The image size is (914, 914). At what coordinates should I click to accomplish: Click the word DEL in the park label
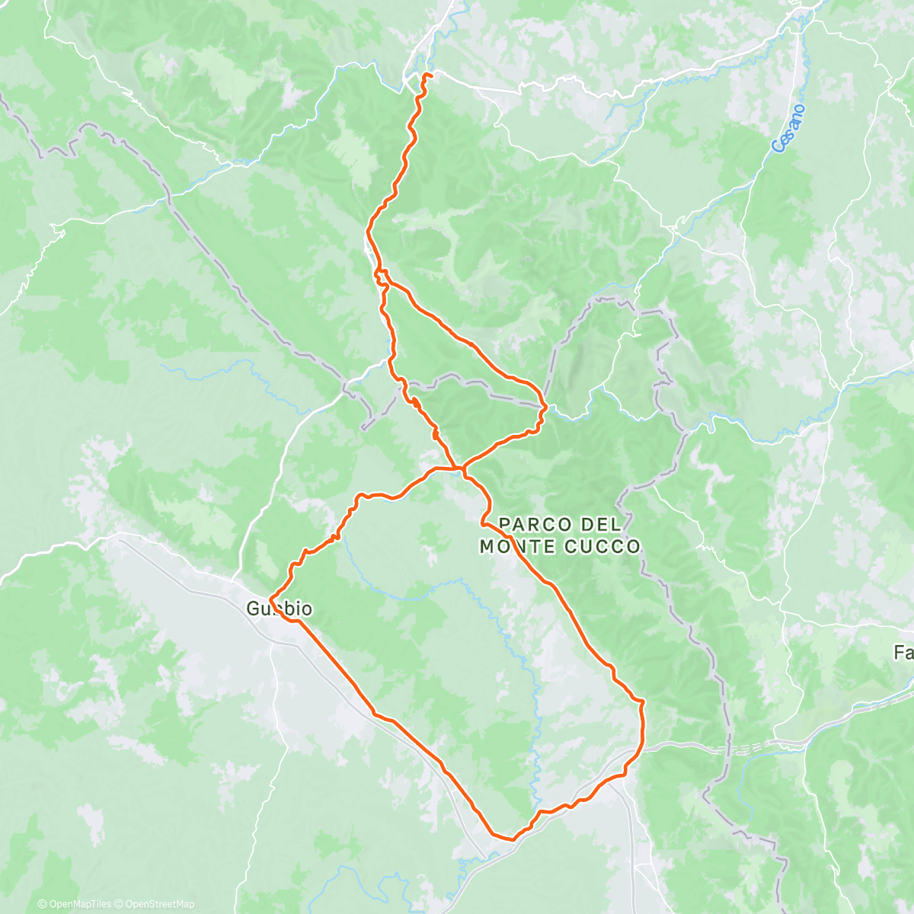[601, 524]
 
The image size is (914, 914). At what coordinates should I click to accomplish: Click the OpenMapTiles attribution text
[80, 904]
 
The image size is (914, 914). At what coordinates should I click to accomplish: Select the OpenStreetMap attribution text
[160, 904]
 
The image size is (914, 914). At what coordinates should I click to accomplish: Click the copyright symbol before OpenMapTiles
[43, 904]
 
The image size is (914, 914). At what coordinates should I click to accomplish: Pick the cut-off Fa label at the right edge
[903, 653]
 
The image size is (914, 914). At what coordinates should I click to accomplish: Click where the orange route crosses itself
[458, 467]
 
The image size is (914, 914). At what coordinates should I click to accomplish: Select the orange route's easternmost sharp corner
[644, 700]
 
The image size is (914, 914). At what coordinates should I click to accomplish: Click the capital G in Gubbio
[253, 609]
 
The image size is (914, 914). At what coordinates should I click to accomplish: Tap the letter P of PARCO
[504, 524]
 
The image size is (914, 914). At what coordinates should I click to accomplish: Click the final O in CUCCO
[633, 547]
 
